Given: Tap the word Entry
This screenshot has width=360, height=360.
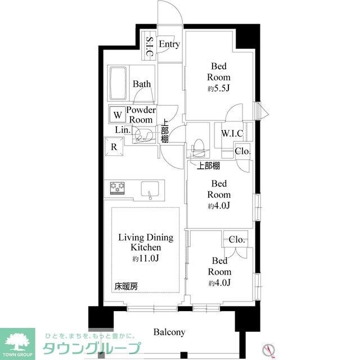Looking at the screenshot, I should click(x=169, y=44).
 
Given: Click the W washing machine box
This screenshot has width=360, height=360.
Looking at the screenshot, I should click(x=118, y=115).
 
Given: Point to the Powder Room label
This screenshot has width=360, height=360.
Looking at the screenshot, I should click(x=141, y=115).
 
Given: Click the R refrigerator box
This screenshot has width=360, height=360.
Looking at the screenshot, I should click(x=113, y=147).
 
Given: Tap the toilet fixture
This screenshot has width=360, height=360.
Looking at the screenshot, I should click(x=199, y=148).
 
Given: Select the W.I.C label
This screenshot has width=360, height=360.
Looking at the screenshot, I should click(x=232, y=134).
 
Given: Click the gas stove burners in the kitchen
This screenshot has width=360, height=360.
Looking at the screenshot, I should click(x=117, y=187).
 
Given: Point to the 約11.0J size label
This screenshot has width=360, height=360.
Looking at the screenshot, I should click(x=146, y=258).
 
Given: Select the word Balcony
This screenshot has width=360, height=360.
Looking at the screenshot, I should click(x=169, y=332).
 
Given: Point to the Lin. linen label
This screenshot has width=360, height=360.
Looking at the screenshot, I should click(x=123, y=130).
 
